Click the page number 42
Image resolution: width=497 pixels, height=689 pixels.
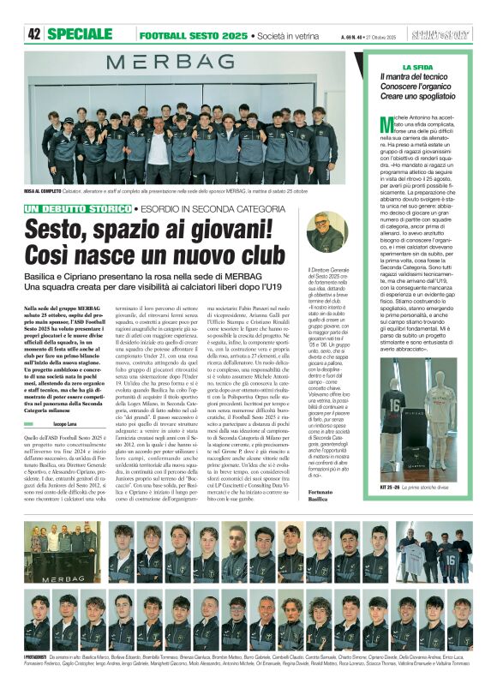34,34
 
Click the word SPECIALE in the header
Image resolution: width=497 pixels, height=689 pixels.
86,34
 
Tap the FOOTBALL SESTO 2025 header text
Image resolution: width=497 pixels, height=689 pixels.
193,35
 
